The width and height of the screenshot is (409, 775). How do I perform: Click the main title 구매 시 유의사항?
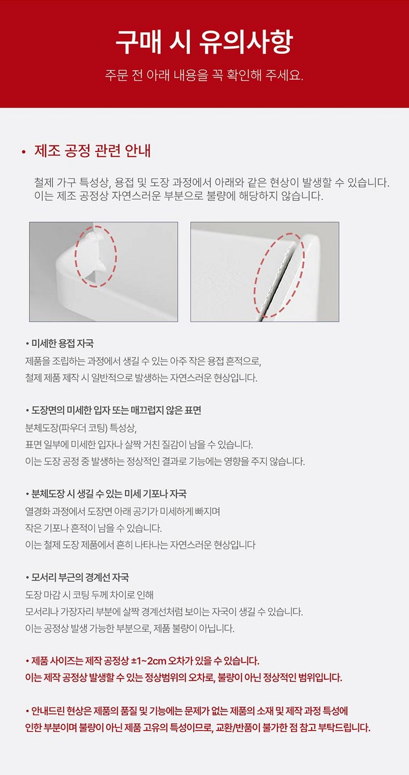click(x=204, y=42)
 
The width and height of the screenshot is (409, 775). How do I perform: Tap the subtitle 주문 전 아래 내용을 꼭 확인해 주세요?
click(x=204, y=75)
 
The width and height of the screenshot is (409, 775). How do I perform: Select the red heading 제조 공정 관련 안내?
click(x=92, y=151)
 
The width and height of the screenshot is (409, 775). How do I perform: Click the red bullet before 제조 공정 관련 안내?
click(x=24, y=151)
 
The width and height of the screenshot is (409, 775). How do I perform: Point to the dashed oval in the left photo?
click(x=76, y=257)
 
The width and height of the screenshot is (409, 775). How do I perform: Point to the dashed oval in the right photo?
click(x=255, y=277)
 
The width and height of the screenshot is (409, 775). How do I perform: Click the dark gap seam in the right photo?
click(x=278, y=280)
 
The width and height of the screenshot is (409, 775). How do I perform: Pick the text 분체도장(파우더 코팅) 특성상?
click(x=81, y=428)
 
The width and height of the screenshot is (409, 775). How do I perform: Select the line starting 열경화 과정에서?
click(x=123, y=512)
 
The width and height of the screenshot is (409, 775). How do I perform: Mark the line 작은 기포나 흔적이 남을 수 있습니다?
click(x=93, y=528)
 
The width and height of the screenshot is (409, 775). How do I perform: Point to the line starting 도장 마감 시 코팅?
click(x=89, y=595)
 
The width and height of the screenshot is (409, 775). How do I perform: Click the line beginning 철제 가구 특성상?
click(x=212, y=182)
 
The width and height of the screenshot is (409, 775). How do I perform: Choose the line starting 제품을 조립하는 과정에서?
click(x=143, y=361)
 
